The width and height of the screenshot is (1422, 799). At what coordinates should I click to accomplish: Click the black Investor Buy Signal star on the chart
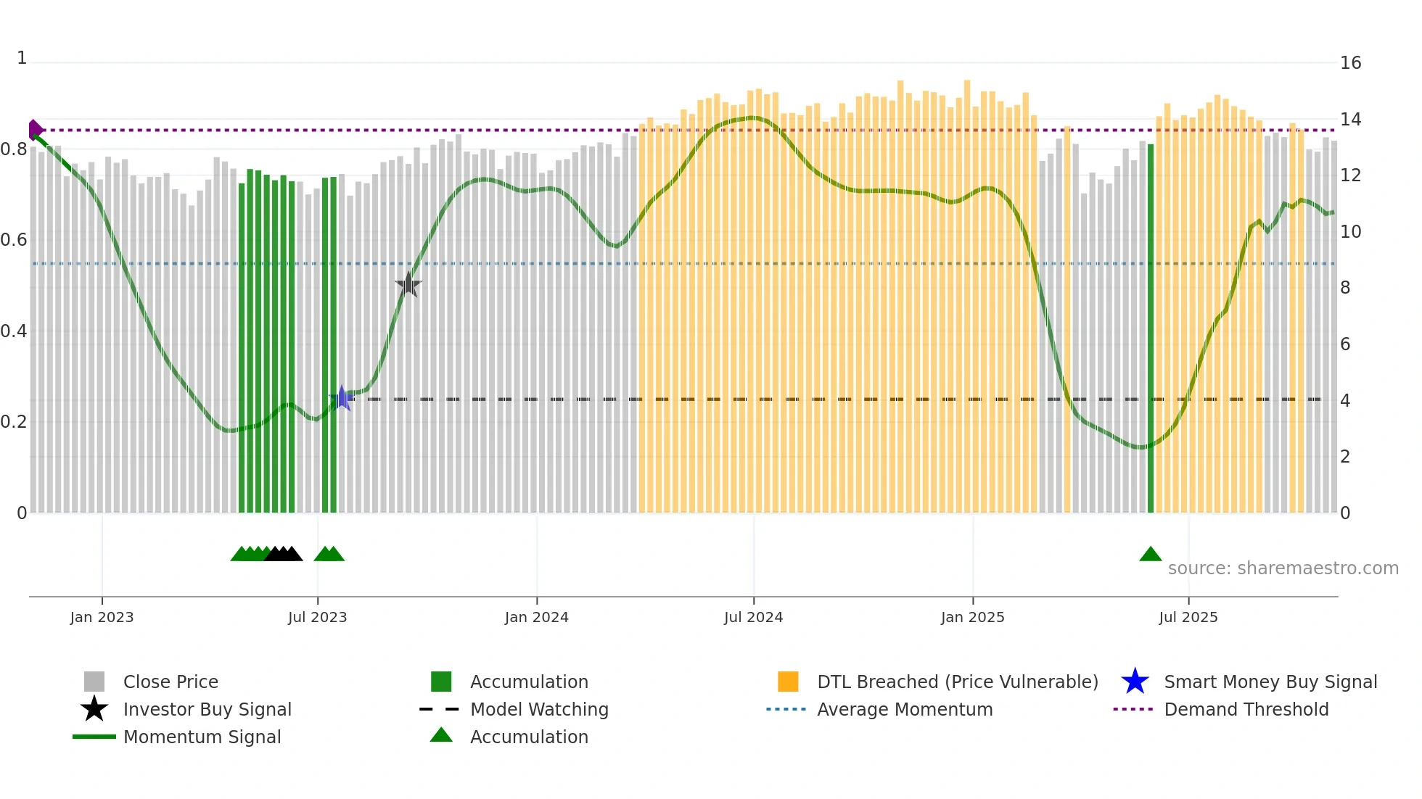click(x=408, y=285)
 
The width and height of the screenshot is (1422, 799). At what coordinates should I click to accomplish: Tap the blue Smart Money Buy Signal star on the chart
click(x=341, y=398)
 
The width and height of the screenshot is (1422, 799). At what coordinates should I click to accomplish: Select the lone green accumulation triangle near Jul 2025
click(x=1150, y=555)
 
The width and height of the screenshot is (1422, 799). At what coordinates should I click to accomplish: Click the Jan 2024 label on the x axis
click(x=536, y=617)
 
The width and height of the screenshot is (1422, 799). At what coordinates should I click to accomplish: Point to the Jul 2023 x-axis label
click(x=317, y=617)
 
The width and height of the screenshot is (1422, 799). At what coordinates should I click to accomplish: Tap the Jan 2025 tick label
click(x=972, y=617)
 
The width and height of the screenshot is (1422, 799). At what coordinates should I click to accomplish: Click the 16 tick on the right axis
click(x=1350, y=63)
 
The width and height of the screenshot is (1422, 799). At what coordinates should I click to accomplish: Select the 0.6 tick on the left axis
click(x=14, y=240)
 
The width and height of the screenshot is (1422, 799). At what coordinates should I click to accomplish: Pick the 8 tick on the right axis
click(x=1345, y=288)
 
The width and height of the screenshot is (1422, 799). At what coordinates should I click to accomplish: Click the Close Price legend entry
click(x=170, y=682)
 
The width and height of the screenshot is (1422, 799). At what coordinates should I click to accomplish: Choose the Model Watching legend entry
click(x=539, y=709)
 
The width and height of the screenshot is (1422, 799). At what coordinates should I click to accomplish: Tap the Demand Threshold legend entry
click(x=1246, y=709)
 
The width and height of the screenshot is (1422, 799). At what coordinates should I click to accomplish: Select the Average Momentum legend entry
click(x=905, y=709)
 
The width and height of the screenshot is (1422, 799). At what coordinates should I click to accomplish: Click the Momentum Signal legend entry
click(x=202, y=737)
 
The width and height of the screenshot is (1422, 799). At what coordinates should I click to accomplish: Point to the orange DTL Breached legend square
click(x=788, y=682)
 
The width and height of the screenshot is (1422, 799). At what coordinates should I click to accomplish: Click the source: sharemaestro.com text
click(x=1283, y=568)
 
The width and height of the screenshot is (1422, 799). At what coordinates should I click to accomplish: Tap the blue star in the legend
click(x=1135, y=682)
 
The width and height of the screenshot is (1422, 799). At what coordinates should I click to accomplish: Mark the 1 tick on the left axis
click(x=22, y=58)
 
